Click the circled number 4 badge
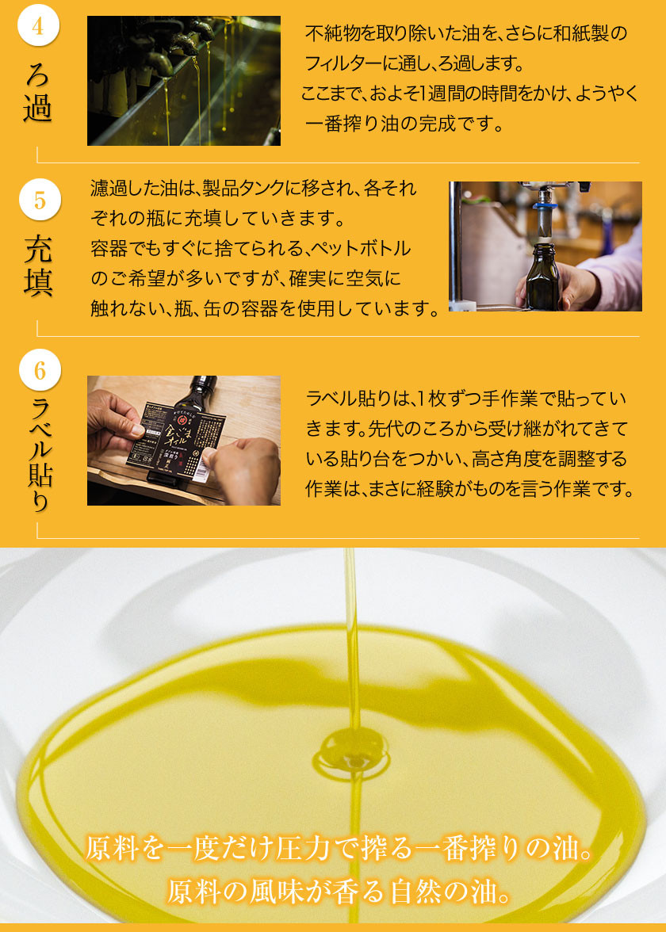pos(38,25)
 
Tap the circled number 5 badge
pos(40,200)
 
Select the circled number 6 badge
pos(40,369)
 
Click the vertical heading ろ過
pos(38,92)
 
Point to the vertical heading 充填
pos(39,265)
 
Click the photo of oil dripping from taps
pos(184,81)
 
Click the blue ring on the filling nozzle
pos(545,206)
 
